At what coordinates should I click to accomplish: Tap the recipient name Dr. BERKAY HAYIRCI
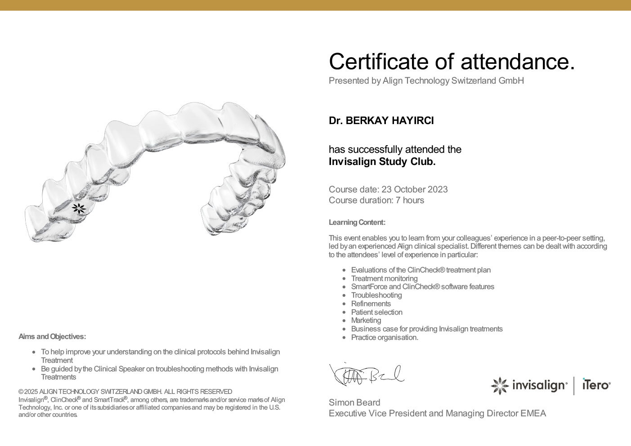pos(381,120)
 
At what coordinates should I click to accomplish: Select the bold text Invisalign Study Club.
pos(382,162)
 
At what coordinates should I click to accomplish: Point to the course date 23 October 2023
pos(415,189)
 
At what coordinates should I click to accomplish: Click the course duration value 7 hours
pos(410,201)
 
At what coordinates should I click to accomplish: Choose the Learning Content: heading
pos(357,222)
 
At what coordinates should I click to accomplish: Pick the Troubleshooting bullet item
pos(376,295)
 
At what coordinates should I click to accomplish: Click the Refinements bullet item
pos(371,304)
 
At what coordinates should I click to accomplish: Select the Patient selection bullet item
pos(377,312)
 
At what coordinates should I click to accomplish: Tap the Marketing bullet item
pos(366,321)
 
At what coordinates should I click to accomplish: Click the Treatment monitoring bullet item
pos(385,279)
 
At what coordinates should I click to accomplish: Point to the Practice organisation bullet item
pos(385,338)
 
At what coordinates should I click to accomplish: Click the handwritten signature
pos(367,375)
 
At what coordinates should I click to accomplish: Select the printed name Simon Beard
pos(354,402)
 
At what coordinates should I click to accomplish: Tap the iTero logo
pos(596,385)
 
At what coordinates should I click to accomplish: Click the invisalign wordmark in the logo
pos(539,385)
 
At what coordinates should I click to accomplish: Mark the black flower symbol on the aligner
pos(79,208)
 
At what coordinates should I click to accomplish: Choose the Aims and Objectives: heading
pos(52,336)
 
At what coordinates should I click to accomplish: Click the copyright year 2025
pos(31,392)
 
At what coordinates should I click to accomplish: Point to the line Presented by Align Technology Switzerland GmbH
pos(426,81)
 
